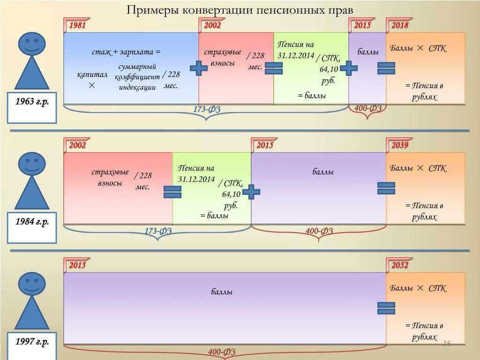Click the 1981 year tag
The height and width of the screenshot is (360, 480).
pos(77,25)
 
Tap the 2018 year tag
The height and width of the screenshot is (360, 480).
pos(400,25)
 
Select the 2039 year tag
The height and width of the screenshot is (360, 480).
pos(400,145)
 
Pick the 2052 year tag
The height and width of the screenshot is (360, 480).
pos(400,265)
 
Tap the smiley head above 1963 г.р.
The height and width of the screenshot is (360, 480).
pos(32,44)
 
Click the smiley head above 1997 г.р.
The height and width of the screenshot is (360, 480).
pos(32,284)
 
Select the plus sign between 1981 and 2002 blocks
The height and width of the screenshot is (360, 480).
pos(199,68)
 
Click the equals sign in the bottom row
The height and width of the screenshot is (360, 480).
pos(386,308)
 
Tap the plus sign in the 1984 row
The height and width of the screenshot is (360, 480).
pos(251,192)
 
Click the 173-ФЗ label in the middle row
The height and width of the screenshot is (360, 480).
pos(158,231)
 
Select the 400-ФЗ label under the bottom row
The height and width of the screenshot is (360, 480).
pos(222,352)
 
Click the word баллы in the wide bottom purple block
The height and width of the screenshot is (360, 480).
pos(222,292)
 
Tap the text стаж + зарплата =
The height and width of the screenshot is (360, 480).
pos(126,52)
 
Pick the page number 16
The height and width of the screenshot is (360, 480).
pos(447,344)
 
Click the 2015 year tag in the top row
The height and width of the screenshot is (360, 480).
pos(362,25)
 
